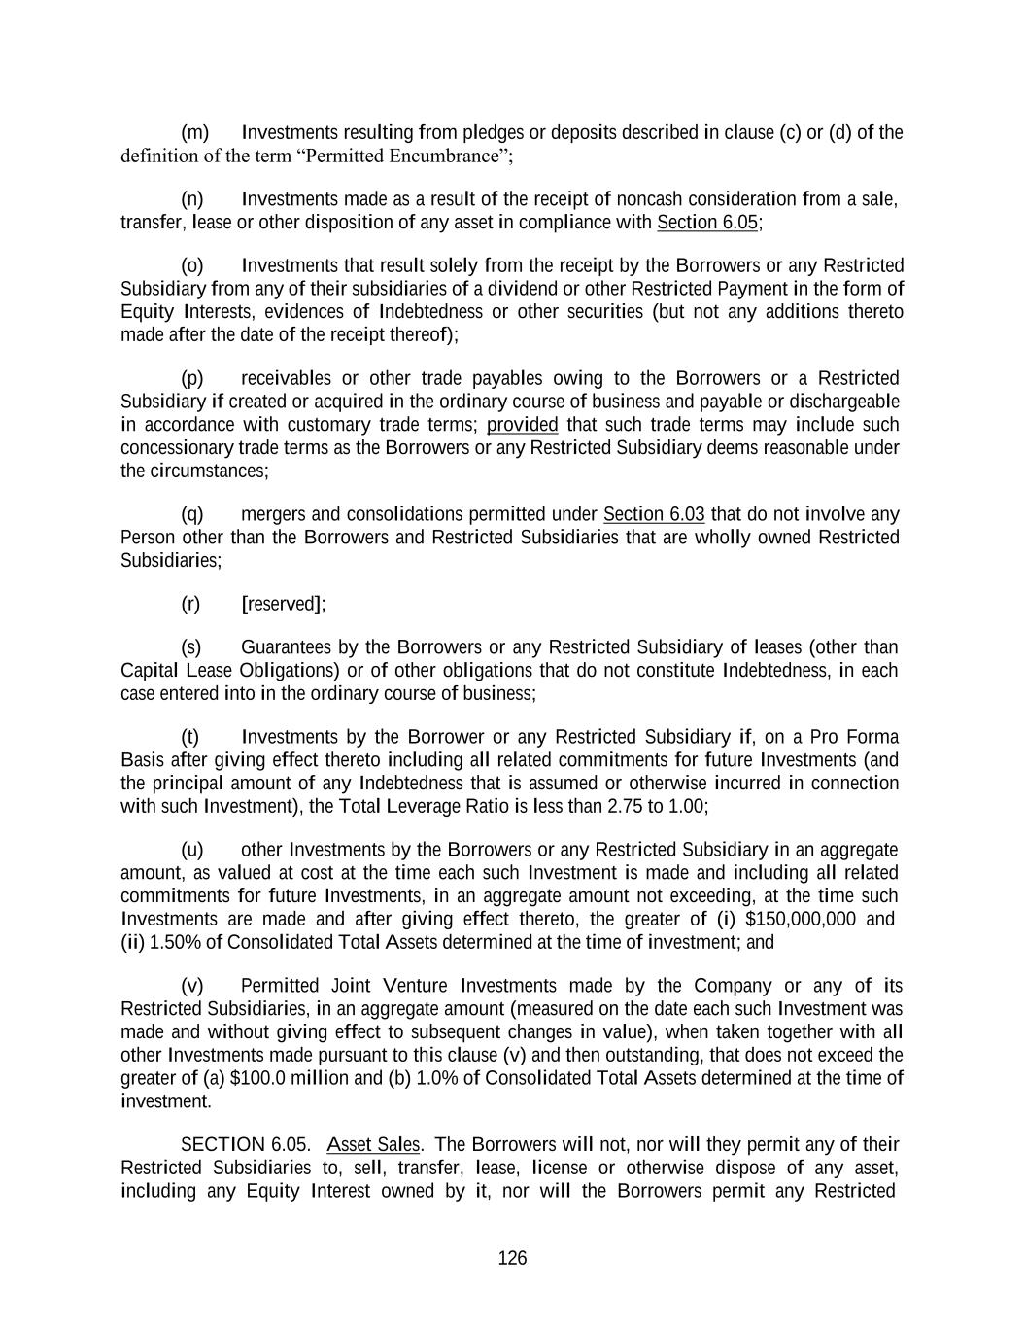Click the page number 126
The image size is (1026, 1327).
point(512,1258)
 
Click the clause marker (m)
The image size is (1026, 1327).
point(194,132)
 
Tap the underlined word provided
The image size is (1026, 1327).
point(522,425)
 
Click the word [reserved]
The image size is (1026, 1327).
point(283,604)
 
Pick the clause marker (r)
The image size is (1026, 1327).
point(190,604)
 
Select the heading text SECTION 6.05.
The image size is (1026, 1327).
point(246,1144)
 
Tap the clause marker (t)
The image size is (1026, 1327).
point(190,737)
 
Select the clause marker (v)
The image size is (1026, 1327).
point(192,986)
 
